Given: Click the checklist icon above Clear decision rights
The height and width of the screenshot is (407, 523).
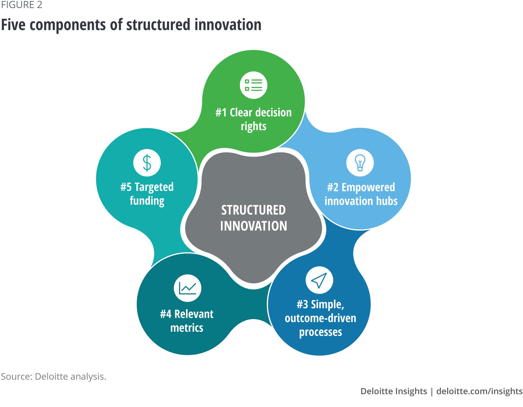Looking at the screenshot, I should click(x=253, y=85).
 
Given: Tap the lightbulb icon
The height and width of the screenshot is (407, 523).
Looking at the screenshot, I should click(x=360, y=163).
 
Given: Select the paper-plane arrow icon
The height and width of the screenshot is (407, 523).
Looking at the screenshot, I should click(x=319, y=280).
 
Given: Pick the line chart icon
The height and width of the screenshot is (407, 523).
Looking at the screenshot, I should click(x=187, y=288).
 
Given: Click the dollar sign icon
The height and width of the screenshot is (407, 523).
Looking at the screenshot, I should click(x=147, y=163).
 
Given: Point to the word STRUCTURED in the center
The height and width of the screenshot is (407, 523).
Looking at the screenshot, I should click(x=253, y=210).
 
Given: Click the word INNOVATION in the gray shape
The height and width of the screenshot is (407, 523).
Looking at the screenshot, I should click(x=253, y=226).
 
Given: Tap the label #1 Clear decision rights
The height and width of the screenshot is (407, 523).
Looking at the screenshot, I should click(x=253, y=119).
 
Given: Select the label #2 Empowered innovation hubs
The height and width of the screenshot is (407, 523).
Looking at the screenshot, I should click(x=361, y=194).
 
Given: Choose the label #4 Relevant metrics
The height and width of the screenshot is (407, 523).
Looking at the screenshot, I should click(x=187, y=321).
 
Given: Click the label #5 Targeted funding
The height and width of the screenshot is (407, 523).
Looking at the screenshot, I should click(x=147, y=194).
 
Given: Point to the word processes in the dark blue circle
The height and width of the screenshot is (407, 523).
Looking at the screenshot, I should click(x=320, y=332).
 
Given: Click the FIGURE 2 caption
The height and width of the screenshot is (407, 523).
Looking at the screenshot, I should click(x=22, y=5).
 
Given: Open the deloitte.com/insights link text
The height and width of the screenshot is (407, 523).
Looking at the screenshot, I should click(x=479, y=391).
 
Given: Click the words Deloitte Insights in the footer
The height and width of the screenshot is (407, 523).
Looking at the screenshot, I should click(x=394, y=391).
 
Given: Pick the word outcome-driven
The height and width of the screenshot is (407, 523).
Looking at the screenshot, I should click(x=320, y=318).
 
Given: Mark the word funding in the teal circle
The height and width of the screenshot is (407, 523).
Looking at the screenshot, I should click(x=147, y=201).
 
